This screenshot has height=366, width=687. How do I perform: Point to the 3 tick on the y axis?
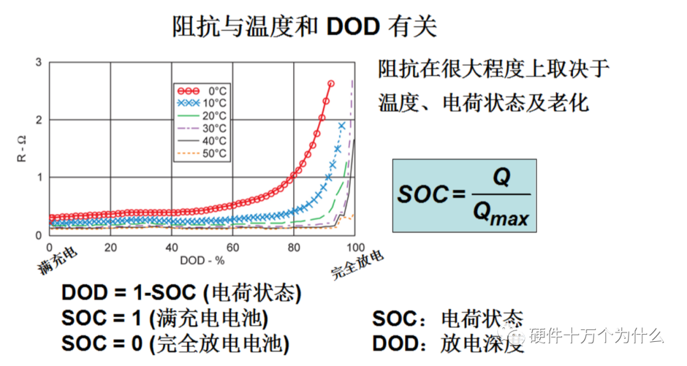click(x=39, y=62)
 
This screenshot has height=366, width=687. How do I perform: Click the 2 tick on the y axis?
click(x=39, y=120)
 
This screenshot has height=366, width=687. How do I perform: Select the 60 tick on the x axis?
click(x=232, y=247)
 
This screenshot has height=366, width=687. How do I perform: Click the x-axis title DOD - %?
click(x=202, y=260)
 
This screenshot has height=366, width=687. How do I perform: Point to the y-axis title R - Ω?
click(x=22, y=149)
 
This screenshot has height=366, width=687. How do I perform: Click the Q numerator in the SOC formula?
click(x=501, y=179)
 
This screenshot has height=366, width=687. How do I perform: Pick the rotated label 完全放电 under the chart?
click(x=358, y=266)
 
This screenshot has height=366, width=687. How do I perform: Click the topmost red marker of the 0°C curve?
click(x=331, y=83)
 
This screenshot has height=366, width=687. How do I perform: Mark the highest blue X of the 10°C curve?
click(x=342, y=126)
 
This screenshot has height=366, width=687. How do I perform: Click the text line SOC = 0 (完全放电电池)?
click(x=176, y=344)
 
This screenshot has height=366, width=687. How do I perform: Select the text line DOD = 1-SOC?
click(x=181, y=293)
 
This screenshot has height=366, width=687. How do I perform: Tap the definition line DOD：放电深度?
click(x=448, y=344)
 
